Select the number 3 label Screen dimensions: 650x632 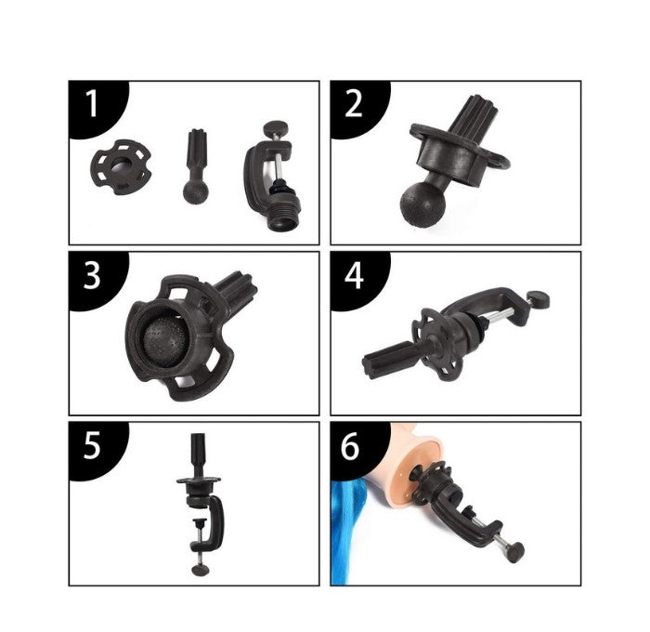point(92,275)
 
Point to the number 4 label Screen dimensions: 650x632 point(354,275)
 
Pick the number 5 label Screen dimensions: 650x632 point(92,446)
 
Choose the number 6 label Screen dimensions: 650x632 point(351,446)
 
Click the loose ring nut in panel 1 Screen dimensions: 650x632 point(120,166)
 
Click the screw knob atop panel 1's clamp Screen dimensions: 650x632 point(273,126)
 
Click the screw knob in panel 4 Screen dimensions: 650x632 point(539,299)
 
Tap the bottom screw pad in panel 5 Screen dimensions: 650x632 point(201,570)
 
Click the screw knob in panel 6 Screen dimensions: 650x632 point(516,552)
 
